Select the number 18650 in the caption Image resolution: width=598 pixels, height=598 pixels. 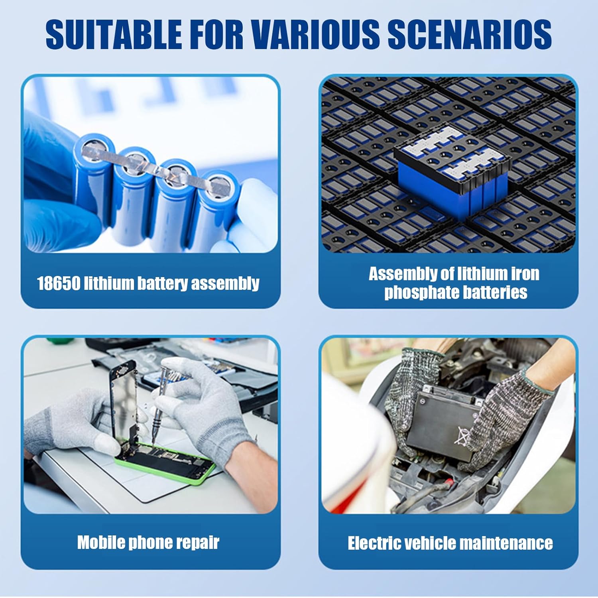tap(58, 283)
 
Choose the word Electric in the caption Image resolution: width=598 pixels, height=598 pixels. tap(374, 543)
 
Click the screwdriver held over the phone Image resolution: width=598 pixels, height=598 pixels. tap(161, 403)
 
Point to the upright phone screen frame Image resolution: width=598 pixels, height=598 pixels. tap(124, 399)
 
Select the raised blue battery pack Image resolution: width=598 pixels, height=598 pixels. tap(452, 171)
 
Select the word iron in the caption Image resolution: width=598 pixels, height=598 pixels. tap(525, 274)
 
